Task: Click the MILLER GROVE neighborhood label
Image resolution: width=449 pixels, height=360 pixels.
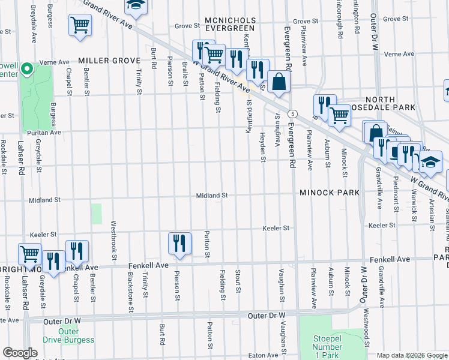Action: tap(109, 61)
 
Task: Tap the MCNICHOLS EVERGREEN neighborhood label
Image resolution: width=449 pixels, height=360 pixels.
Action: tap(231, 25)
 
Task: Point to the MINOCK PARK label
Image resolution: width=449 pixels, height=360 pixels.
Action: tap(329, 193)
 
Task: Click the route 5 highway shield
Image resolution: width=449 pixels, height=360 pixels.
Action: tap(292, 113)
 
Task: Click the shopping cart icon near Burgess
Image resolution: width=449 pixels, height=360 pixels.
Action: tap(79, 26)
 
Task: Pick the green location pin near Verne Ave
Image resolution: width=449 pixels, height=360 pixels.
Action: tap(26, 70)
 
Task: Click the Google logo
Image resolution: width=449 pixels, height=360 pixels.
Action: tap(20, 353)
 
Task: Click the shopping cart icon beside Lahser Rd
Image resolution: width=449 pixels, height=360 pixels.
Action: tap(29, 253)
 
